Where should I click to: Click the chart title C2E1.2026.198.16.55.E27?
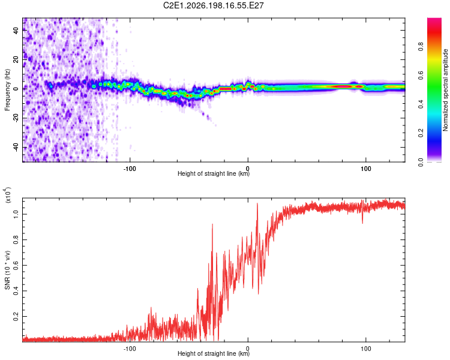pyautogui.click(x=213, y=5)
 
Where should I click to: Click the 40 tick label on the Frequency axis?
pyautogui.click(x=16, y=30)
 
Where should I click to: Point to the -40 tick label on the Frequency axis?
pyautogui.click(x=16, y=148)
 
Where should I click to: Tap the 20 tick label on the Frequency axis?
pyautogui.click(x=16, y=59)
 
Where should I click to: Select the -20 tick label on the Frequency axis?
pyautogui.click(x=16, y=119)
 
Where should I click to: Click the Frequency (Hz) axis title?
pyautogui.click(x=7, y=90)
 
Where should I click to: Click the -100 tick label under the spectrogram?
pyautogui.click(x=130, y=169)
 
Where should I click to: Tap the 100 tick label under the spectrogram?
pyautogui.click(x=366, y=169)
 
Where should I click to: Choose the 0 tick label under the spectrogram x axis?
pyautogui.click(x=248, y=169)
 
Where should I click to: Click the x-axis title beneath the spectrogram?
pyautogui.click(x=214, y=173)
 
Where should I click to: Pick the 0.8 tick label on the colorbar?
pyautogui.click(x=421, y=47)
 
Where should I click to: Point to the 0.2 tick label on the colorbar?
pyautogui.click(x=421, y=133)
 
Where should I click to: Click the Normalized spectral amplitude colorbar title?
pyautogui.click(x=445, y=90)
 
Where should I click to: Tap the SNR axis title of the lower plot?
pyautogui.click(x=7, y=270)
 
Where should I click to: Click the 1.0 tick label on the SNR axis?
pyautogui.click(x=16, y=214)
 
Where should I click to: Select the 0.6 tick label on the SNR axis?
pyautogui.click(x=16, y=265)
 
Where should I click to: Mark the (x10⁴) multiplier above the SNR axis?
pyautogui.click(x=8, y=195)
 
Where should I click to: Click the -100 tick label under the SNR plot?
pyautogui.click(x=130, y=349)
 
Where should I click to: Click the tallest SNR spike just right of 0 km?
pyautogui.click(x=257, y=203)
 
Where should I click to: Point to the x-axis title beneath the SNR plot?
pyautogui.click(x=214, y=353)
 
